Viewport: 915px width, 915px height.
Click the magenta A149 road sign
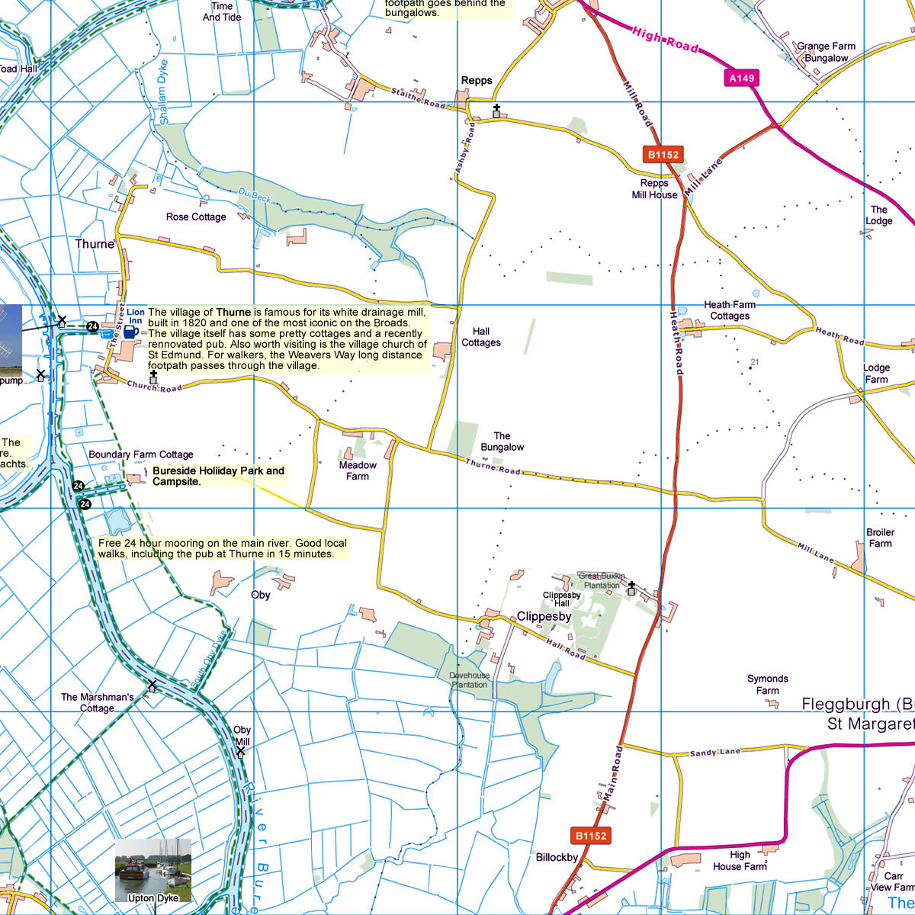pyautogui.click(x=742, y=78)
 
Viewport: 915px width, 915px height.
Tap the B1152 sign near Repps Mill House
pyautogui.click(x=663, y=155)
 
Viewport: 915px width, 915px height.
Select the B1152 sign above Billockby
pyautogui.click(x=590, y=836)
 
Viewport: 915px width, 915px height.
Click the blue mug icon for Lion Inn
pyautogui.click(x=130, y=332)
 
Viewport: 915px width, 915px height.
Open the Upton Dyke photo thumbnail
pyautogui.click(x=153, y=870)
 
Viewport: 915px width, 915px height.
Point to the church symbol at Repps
pyautogui.click(x=496, y=111)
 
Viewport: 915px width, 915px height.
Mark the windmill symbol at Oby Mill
pyautogui.click(x=241, y=751)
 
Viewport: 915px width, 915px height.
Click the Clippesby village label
pyautogui.click(x=544, y=616)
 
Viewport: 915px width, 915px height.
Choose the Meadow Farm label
pyautogui.click(x=358, y=470)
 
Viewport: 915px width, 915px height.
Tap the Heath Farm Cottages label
pyautogui.click(x=730, y=310)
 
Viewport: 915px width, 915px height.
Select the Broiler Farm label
pyautogui.click(x=880, y=538)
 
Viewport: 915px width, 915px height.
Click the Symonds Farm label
pyautogui.click(x=767, y=684)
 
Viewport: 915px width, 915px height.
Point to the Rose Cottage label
pyautogui.click(x=196, y=217)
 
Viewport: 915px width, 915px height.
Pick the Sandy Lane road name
pyautogui.click(x=714, y=753)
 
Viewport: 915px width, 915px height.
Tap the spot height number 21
pyautogui.click(x=755, y=362)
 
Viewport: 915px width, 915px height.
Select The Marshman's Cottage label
pyautogui.click(x=97, y=702)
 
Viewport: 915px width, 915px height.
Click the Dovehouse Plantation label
pyautogui.click(x=469, y=680)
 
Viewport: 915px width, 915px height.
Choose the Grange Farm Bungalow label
pyautogui.click(x=826, y=52)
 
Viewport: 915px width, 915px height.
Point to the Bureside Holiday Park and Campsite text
pyautogui.click(x=218, y=476)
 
